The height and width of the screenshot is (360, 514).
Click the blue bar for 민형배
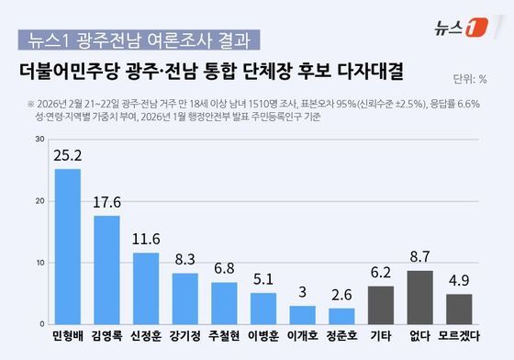coord(67,246)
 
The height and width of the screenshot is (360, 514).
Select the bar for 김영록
coord(106,270)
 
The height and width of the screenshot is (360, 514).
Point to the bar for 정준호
coord(342,316)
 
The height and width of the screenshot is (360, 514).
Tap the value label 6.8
coord(224,271)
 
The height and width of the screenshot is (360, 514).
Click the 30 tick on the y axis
coord(39,139)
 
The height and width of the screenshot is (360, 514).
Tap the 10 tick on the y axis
coord(39,263)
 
